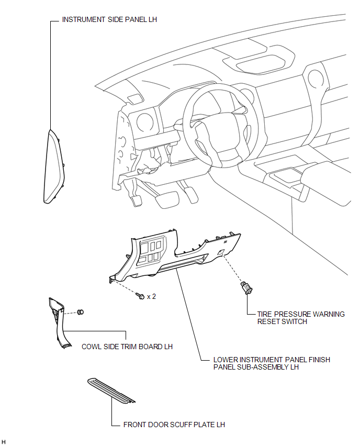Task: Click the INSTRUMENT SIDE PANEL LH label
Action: tap(109, 19)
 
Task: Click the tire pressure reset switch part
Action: tap(245, 287)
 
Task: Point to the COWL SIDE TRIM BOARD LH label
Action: tap(127, 347)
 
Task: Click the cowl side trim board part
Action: tap(58, 325)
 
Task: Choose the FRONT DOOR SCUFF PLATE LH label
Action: tap(174, 425)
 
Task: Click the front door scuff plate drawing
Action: tap(111, 391)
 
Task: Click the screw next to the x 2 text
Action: tap(140, 296)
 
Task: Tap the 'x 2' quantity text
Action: tap(152, 296)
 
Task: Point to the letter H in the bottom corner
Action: tap(4, 442)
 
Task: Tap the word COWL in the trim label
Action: tap(92, 347)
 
